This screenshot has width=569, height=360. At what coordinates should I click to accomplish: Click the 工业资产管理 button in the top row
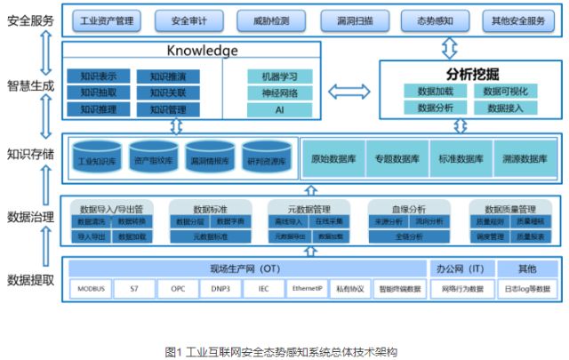pyautogui.click(x=107, y=19)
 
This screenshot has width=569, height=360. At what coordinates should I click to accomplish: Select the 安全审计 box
pyautogui.click(x=189, y=19)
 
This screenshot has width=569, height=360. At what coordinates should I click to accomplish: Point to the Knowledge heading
pyautogui.click(x=203, y=51)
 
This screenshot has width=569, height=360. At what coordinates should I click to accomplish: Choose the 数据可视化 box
pyautogui.click(x=505, y=91)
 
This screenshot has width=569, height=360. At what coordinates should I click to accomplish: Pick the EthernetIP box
pyautogui.click(x=306, y=288)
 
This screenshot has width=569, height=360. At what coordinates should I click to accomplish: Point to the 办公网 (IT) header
pyautogui.click(x=458, y=268)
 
